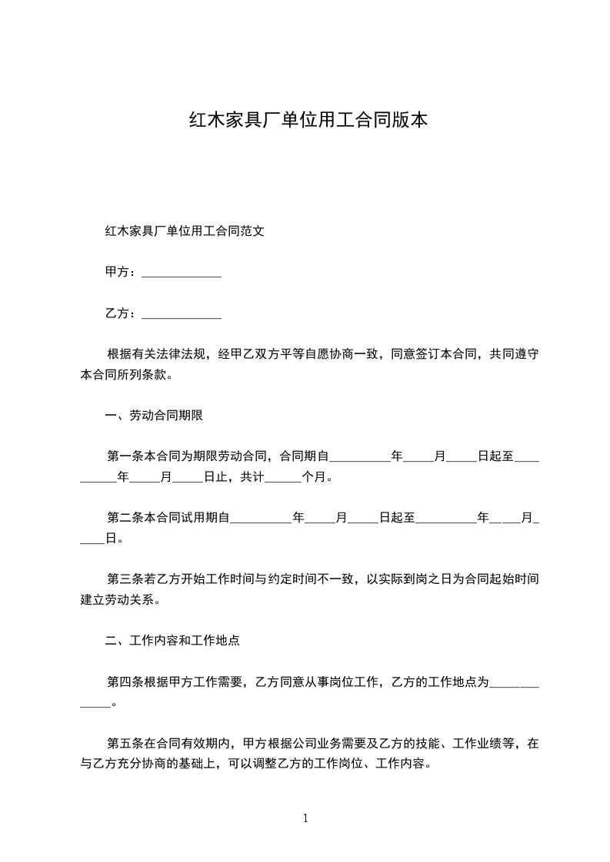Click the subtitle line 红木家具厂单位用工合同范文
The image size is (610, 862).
pos(185,230)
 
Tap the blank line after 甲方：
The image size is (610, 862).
pos(182,273)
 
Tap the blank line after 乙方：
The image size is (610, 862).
pos(182,314)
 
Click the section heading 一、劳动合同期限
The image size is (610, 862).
pos(154,416)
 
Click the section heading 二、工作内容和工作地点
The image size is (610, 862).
pos(177,640)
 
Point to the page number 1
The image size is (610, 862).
pos(305,817)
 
